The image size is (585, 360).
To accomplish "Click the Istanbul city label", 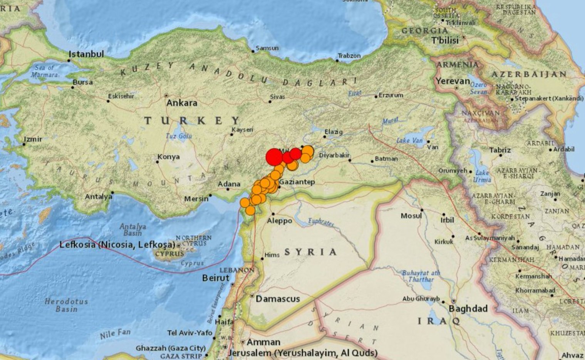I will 86,54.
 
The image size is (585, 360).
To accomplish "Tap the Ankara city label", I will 182,103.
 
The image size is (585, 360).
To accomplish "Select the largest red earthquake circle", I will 274,157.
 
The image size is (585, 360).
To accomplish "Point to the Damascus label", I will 278,299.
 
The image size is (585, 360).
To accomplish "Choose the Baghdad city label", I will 468,309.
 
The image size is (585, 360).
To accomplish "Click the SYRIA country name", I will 310,252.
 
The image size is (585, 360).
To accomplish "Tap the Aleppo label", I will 280,221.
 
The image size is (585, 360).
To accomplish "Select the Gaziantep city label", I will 297,182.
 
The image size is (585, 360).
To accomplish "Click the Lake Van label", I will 410,141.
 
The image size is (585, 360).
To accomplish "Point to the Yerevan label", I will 453,81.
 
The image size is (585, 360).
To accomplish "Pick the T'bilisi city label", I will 445,40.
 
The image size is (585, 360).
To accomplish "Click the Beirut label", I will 216,278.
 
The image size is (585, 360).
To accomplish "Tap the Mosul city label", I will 411,216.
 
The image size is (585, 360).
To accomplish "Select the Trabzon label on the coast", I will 349,56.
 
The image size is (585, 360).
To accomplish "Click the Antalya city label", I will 99,197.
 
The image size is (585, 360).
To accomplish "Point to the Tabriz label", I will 500,150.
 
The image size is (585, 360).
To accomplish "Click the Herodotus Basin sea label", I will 66,305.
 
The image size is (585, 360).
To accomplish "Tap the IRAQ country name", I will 439,321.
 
